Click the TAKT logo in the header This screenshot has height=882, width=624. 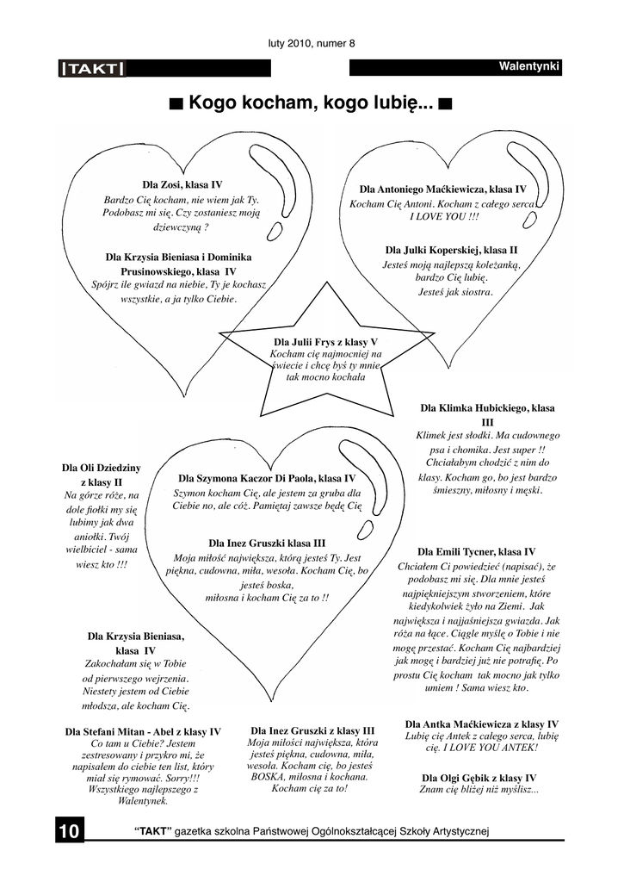tap(92, 69)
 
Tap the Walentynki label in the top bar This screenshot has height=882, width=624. tap(529, 67)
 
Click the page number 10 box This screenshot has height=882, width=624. tap(70, 829)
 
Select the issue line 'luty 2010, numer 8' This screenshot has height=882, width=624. tap(312, 43)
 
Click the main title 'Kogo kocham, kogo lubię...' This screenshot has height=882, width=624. tap(311, 103)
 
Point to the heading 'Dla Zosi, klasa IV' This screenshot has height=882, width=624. tap(182, 184)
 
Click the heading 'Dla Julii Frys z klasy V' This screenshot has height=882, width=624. tap(325, 342)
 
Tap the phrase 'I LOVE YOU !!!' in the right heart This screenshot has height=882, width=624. tap(444, 216)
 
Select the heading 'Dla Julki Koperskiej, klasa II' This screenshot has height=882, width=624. tap(451, 250)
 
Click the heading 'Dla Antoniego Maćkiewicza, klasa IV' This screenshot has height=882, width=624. tap(443, 189)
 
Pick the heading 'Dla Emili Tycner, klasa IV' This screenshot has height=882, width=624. tap(476, 552)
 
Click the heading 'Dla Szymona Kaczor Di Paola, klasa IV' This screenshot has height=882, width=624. tap(267, 479)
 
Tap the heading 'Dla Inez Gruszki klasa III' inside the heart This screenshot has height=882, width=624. tap(267, 543)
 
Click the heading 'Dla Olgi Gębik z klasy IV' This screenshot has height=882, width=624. tap(479, 778)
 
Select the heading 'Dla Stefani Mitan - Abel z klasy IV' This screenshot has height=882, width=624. tap(143, 732)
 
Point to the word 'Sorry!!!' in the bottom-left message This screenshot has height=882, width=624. tap(182, 778)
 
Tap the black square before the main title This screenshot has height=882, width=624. tap(176, 104)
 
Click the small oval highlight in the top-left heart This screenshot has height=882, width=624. tap(274, 231)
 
